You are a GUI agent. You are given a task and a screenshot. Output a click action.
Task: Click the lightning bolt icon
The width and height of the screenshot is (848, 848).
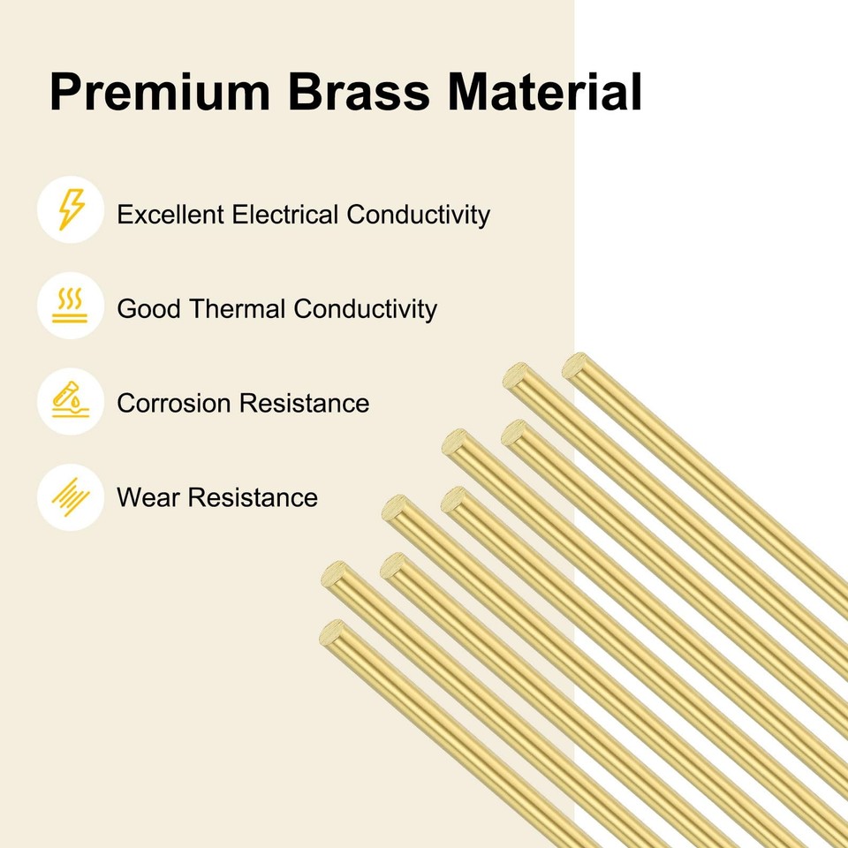[71, 210]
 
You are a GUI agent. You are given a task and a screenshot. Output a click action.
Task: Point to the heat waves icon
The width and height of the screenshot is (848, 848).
[71, 306]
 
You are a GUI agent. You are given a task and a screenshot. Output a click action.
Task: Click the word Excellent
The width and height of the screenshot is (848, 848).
[170, 215]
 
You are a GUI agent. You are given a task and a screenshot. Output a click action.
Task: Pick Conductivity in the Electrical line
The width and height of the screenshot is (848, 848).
[418, 215]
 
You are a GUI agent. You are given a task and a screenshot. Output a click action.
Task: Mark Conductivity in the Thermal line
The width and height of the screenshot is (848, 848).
[365, 309]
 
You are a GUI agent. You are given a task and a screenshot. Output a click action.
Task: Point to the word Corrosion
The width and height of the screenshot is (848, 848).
[174, 404]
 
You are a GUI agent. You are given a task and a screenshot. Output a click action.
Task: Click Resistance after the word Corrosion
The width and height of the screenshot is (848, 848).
[305, 404]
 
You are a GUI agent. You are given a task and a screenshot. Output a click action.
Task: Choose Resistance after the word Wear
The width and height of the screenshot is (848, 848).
[253, 497]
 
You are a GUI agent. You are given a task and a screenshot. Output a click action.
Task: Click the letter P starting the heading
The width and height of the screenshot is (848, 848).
[64, 93]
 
